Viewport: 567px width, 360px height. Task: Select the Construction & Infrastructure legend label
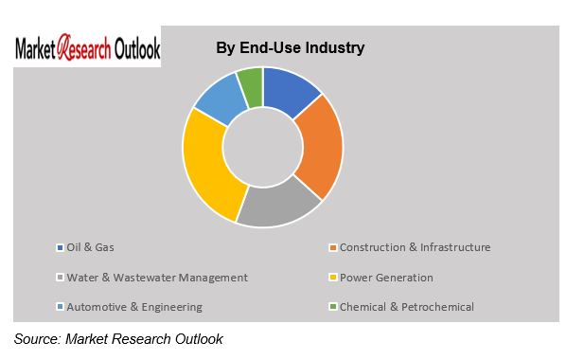tap(415, 247)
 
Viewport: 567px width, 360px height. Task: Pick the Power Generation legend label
tap(386, 278)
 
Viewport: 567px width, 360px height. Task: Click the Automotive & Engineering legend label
tap(133, 307)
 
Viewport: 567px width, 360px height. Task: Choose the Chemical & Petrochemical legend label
tap(406, 307)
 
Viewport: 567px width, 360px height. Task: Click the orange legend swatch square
tap(333, 248)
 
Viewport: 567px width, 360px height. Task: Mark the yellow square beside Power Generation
tap(333, 279)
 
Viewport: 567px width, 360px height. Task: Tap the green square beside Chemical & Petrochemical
tap(333, 308)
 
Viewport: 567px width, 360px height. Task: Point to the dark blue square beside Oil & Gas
tap(61, 248)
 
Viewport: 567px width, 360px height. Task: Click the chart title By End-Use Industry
tap(290, 47)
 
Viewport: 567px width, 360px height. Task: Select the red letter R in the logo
tap(65, 47)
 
